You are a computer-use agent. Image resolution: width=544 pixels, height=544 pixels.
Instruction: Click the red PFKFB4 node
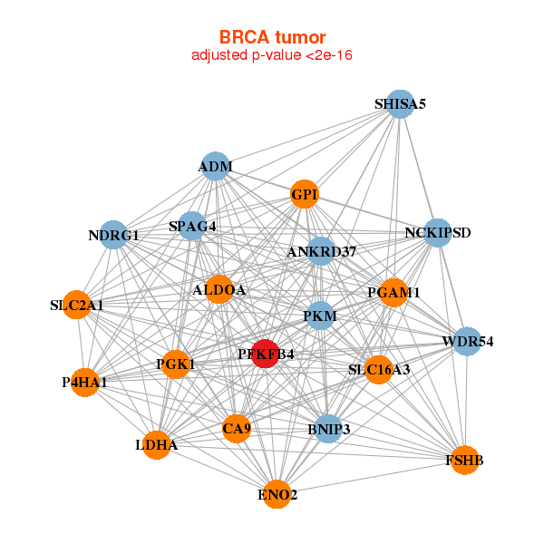point(266,354)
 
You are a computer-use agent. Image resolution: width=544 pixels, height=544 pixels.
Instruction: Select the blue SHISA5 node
point(400,104)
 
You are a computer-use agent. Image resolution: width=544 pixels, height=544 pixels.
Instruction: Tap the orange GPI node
point(305,194)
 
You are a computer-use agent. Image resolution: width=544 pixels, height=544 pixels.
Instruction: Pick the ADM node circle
point(216,166)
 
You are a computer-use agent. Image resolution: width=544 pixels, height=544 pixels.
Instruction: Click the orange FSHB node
point(465,460)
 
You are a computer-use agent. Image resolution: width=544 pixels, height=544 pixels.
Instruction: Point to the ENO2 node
point(277,494)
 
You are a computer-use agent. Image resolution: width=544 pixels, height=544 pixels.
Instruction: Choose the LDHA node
point(157,445)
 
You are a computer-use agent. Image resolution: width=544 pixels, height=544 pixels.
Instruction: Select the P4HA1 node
point(84,382)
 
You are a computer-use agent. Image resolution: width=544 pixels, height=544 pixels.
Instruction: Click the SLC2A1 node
point(77,305)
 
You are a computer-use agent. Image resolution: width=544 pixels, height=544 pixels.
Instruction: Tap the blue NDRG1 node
point(113,235)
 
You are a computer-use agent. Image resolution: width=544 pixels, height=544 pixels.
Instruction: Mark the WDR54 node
point(467,342)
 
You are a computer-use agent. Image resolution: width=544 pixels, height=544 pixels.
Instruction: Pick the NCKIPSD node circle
point(438,233)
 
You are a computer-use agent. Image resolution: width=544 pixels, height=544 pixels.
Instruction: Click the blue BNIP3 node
point(328,429)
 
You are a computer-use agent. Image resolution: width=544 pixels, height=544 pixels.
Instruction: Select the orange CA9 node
point(237,429)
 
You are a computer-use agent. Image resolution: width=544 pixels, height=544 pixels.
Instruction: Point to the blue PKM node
point(320,316)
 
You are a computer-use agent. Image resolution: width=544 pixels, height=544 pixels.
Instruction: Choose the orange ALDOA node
point(219,289)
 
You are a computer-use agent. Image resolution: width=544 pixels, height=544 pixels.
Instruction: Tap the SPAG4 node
point(192,226)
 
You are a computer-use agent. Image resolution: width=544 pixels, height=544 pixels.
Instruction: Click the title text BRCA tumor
point(273,37)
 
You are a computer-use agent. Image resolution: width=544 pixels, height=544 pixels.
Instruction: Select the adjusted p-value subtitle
point(272,54)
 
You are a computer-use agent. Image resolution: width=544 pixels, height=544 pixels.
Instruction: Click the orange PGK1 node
point(176,364)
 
